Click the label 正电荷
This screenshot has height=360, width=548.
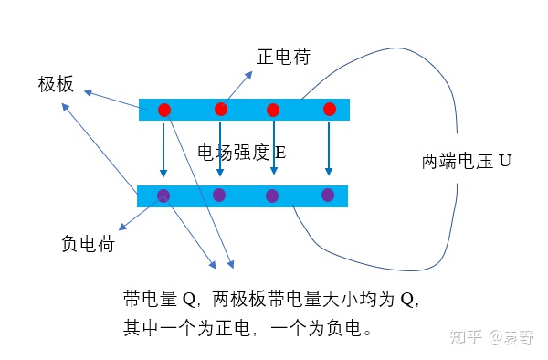pyautogui.click(x=283, y=57)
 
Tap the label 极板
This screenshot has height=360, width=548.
pyautogui.click(x=55, y=84)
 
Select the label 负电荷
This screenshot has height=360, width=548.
pyautogui.click(x=88, y=244)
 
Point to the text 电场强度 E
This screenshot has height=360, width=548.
pyautogui.click(x=241, y=151)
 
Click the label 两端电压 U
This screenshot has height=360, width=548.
pyautogui.click(x=466, y=163)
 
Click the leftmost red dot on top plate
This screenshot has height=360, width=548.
pyautogui.click(x=164, y=110)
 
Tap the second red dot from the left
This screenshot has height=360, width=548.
pyautogui.click(x=221, y=109)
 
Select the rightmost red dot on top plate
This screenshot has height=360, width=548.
pyautogui.click(x=330, y=109)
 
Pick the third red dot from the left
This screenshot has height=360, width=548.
pyautogui.click(x=272, y=110)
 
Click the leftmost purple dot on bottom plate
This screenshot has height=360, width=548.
pyautogui.click(x=163, y=196)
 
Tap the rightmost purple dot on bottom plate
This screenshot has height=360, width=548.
pyautogui.click(x=328, y=195)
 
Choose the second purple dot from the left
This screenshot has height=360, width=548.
pyautogui.click(x=219, y=195)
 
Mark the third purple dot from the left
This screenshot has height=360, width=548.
pyautogui.click(x=271, y=196)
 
